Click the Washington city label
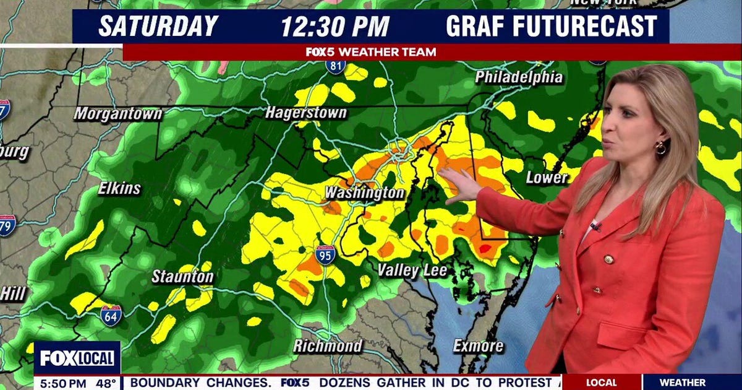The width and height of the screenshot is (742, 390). point(364,193)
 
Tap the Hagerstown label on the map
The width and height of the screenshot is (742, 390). point(306,113)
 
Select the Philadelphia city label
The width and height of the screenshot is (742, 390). point(519,77)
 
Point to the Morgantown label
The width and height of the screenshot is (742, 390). point(117,114)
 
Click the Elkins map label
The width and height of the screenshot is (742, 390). point(119,188)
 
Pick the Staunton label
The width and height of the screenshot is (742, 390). point(182,277)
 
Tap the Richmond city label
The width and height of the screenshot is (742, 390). point(327,345)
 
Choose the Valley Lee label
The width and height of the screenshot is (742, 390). point(412,270)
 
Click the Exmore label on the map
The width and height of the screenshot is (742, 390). point(478,345)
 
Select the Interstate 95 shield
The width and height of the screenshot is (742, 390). point(325,254)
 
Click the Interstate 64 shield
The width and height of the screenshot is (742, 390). point(111,315)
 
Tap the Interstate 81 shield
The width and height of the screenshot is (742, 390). point(336,65)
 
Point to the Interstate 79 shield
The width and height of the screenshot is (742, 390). point(6,225)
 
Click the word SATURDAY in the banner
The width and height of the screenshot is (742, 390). point(158,27)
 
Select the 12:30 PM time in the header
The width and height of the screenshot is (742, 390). point(335,27)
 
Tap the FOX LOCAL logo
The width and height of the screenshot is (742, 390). point(77,358)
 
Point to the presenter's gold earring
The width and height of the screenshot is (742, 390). point(660,148)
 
